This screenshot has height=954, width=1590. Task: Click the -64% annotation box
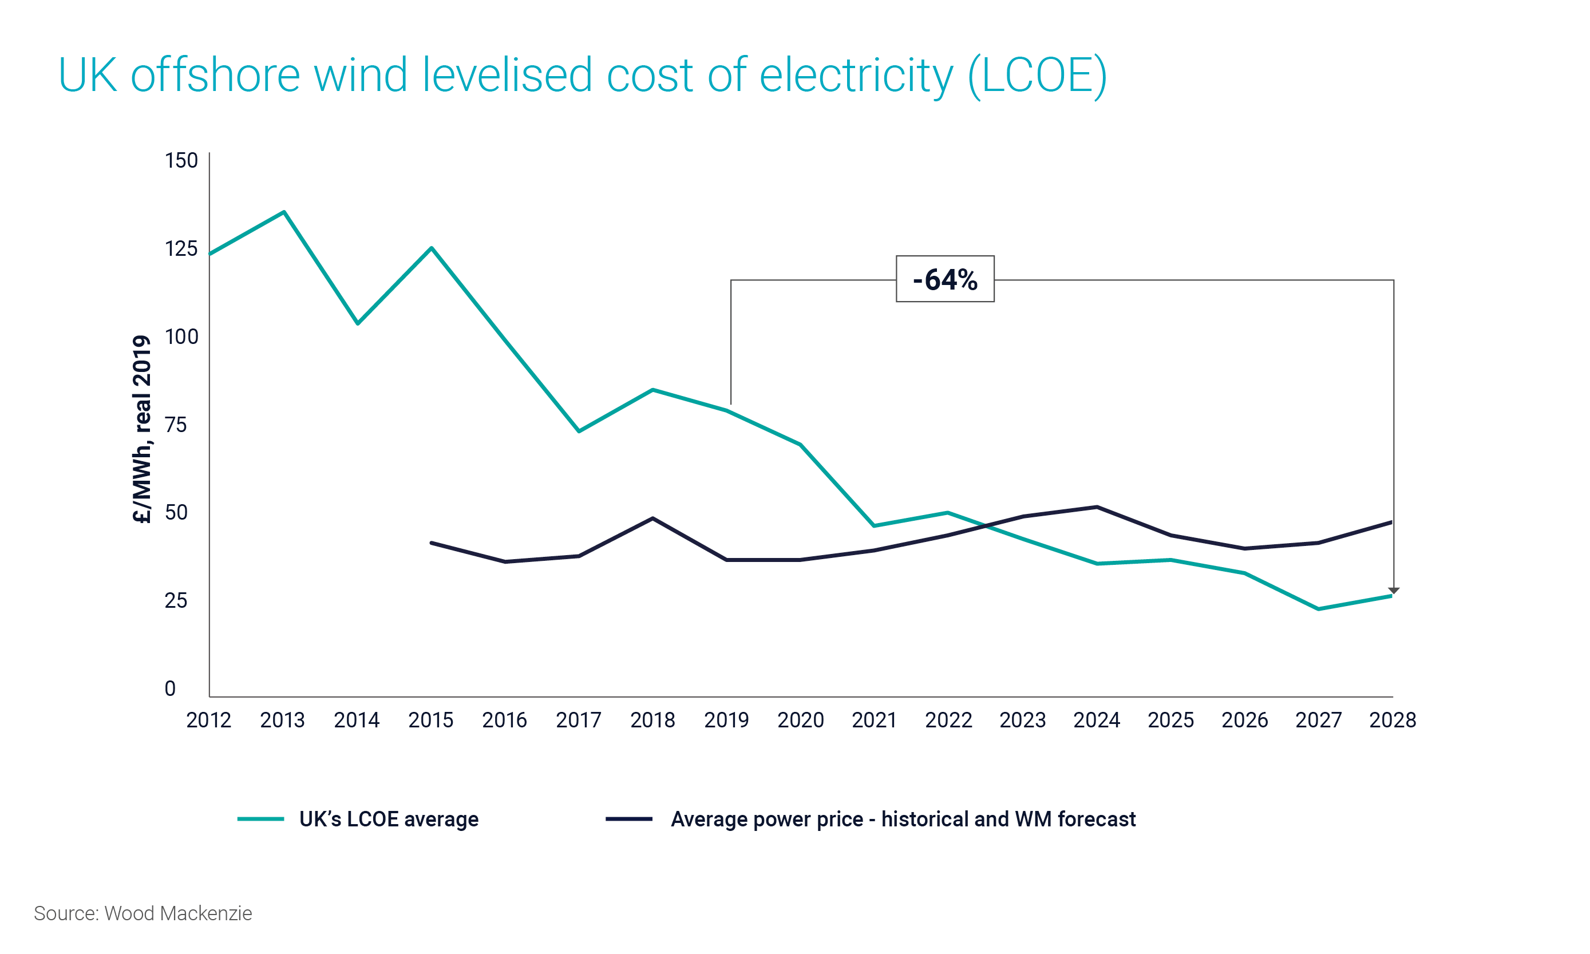(944, 279)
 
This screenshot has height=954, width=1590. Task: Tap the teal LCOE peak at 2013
(283, 212)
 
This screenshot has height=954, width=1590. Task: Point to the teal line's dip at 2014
(358, 323)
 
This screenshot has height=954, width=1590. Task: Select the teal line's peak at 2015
(432, 248)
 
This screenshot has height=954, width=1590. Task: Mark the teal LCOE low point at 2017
(579, 431)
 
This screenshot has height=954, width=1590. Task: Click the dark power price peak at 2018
(652, 518)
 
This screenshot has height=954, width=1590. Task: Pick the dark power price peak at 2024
(1096, 507)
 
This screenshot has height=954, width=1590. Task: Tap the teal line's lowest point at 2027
(1318, 608)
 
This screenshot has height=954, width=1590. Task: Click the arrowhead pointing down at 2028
(1393, 590)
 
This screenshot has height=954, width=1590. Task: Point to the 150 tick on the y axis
(181, 160)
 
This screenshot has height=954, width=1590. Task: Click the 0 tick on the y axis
(170, 688)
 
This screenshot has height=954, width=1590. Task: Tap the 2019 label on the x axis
(726, 720)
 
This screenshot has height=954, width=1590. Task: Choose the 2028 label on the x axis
(1392, 720)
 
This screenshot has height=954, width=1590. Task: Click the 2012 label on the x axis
(208, 720)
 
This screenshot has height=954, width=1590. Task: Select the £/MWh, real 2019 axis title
(141, 429)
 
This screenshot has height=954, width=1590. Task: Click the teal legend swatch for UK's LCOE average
(260, 818)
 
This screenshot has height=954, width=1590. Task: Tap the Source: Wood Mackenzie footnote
(143, 913)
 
